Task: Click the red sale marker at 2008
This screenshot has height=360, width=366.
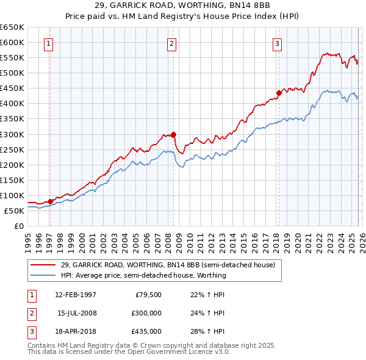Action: coord(173,134)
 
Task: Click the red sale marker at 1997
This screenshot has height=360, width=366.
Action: coord(50,201)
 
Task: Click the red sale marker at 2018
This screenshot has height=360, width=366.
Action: coord(279,93)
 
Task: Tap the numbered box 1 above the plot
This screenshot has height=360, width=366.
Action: coord(48,43)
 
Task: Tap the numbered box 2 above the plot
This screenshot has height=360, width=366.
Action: coord(172,43)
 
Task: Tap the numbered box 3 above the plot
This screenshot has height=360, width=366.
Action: coord(277,43)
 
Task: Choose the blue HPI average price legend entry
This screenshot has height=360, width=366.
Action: coord(143,275)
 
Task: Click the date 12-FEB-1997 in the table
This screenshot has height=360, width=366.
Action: coord(76,295)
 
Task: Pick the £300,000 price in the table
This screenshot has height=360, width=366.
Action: coord(146,313)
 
